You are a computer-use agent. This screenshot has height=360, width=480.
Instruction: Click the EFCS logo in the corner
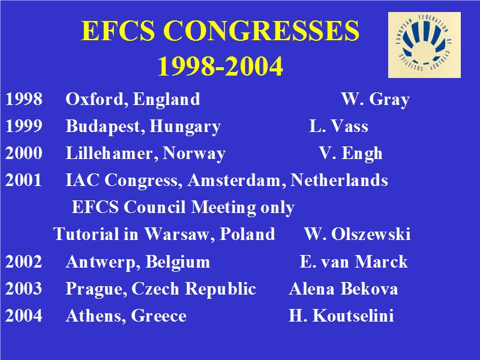(x=424, y=45)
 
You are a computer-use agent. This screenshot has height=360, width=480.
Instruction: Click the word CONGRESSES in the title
(x=261, y=31)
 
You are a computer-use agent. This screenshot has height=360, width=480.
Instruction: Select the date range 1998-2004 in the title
(x=220, y=66)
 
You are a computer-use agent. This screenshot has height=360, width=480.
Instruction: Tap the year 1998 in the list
(x=24, y=99)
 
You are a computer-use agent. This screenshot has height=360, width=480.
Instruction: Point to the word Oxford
(x=97, y=100)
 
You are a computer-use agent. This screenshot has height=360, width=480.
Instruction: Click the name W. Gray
(x=376, y=100)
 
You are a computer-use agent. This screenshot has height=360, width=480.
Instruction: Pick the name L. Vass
(x=338, y=126)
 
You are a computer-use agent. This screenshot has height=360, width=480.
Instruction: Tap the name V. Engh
(x=350, y=154)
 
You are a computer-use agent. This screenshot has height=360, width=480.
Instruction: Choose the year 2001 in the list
(x=23, y=181)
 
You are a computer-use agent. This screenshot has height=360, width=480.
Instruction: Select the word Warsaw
(x=179, y=235)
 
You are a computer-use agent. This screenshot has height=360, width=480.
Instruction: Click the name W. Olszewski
(x=357, y=235)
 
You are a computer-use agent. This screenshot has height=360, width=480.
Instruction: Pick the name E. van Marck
(x=353, y=262)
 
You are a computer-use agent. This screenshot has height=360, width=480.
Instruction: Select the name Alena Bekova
(x=343, y=289)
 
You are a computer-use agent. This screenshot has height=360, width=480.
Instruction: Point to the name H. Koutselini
(x=341, y=316)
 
